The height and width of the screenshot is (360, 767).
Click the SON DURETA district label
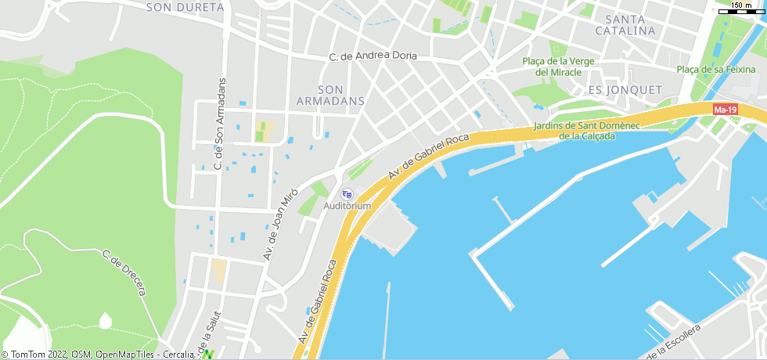click(x=185, y=8)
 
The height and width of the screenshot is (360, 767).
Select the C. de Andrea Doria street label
click(x=373, y=56)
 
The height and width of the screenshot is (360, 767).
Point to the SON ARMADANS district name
click(x=331, y=95)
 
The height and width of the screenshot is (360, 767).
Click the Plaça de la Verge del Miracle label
click(x=558, y=67)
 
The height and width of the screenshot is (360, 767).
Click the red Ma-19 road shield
click(x=726, y=110)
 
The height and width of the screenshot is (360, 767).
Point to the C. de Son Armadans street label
click(x=219, y=124)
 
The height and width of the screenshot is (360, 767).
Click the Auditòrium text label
click(x=347, y=206)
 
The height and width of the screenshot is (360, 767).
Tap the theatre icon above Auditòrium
click(x=347, y=194)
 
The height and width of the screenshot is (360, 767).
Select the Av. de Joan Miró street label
click(x=280, y=224)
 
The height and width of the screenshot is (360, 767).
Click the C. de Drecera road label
click(x=124, y=272)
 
